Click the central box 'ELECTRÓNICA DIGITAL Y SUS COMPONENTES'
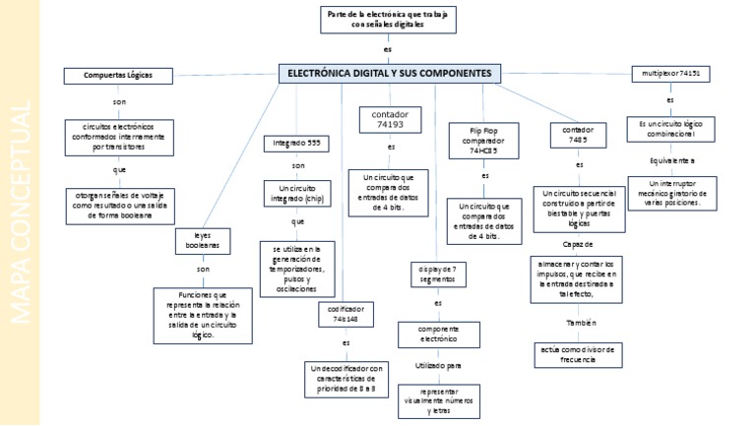[x=391, y=74]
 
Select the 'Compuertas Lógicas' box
[x=118, y=75]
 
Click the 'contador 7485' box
[x=578, y=135]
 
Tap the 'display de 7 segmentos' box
[x=437, y=274]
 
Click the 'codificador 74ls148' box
[x=346, y=314]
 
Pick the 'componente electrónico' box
[x=438, y=334]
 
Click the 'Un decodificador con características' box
[x=347, y=378]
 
